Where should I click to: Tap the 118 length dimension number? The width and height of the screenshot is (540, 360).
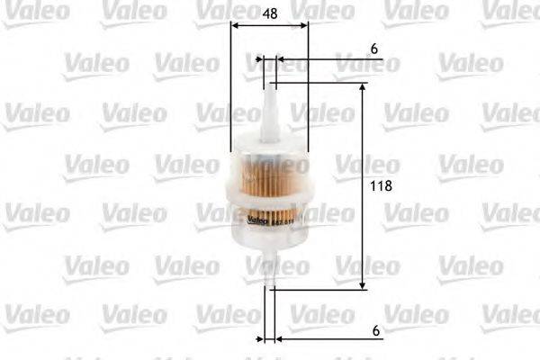(x=383, y=185)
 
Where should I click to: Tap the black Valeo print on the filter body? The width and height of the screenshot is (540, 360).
(x=259, y=221)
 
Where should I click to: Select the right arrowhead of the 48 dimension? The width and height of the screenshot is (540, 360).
(x=304, y=26)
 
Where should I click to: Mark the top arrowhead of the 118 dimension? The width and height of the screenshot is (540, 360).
(x=363, y=88)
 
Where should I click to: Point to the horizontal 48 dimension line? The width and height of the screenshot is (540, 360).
(x=269, y=26)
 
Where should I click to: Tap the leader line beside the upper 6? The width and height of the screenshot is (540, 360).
(x=333, y=60)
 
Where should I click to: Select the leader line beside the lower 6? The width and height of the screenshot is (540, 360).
(x=333, y=339)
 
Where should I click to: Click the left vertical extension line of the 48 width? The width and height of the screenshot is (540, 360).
(x=230, y=90)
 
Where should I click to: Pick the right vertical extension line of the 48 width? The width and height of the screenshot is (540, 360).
(x=308, y=90)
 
